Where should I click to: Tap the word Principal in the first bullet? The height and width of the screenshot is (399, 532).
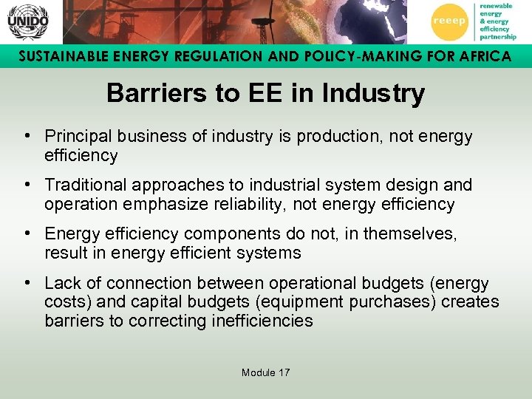coord(75,137)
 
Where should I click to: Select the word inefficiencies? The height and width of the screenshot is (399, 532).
coord(263,321)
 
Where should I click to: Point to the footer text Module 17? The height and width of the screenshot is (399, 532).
coord(265,372)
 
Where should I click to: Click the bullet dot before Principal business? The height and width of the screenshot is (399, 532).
coord(27,137)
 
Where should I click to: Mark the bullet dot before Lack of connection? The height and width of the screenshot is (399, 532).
coord(27,283)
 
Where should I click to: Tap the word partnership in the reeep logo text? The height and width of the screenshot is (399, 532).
coord(497,36)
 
